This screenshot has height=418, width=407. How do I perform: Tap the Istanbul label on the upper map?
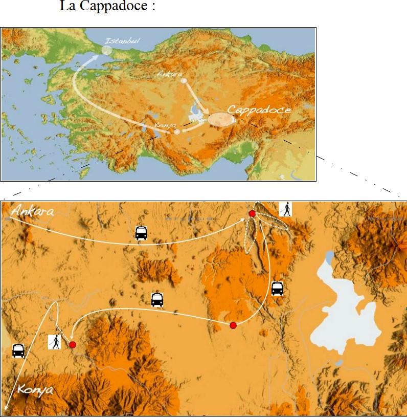(122, 41)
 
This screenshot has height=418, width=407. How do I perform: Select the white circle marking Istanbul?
(106, 50)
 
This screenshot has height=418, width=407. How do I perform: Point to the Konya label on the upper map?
(163, 124)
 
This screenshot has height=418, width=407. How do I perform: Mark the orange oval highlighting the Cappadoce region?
(219, 120)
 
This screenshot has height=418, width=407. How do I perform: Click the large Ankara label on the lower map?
(32, 211)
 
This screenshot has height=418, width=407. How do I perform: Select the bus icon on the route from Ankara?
(141, 233)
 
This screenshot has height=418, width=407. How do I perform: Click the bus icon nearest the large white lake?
(277, 288)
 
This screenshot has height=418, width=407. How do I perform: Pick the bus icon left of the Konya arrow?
(18, 350)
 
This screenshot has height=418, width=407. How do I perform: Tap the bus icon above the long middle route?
(157, 300)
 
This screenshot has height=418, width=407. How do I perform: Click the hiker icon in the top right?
(286, 209)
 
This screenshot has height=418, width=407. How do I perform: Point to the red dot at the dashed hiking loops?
(252, 213)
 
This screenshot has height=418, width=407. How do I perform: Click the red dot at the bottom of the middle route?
(233, 325)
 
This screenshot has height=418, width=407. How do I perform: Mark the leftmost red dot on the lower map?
(73, 345)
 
